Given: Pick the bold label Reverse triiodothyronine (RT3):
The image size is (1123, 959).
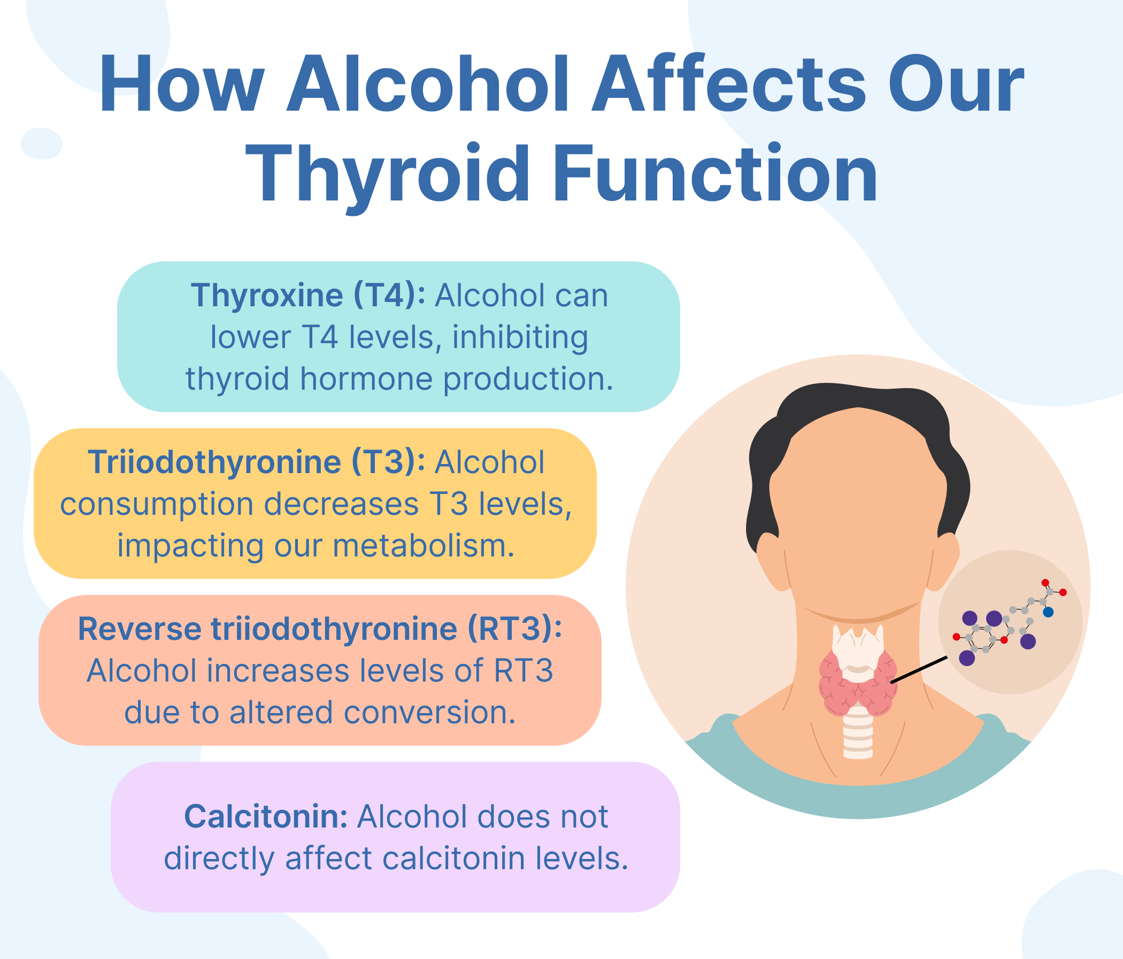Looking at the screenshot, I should click(x=320, y=630).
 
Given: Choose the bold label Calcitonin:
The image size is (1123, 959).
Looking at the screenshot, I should click(x=266, y=816).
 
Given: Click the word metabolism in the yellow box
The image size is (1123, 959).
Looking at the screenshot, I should click(x=423, y=546).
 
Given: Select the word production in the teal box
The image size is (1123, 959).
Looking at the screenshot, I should click(x=527, y=378).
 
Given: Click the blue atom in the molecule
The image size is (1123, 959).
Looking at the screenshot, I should click(x=1048, y=612).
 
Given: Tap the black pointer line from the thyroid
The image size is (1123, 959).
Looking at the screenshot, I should click(x=919, y=670).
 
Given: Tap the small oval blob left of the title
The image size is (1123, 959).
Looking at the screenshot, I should click(x=41, y=144).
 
